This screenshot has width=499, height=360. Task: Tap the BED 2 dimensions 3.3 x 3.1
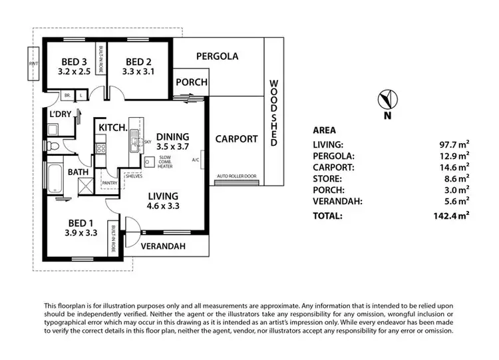coord(139,70)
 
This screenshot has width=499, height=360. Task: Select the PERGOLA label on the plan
coord(217,57)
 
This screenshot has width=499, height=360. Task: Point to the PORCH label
coord(191,83)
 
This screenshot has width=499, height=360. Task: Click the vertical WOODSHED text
coord(273,113)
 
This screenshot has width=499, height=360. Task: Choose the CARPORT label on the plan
coord(236,139)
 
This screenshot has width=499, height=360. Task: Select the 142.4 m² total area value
coord(450,215)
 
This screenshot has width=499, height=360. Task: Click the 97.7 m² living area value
coord(453,144)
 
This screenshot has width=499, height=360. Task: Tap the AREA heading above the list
coord(324,130)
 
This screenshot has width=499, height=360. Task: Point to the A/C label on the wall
coord(196,160)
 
